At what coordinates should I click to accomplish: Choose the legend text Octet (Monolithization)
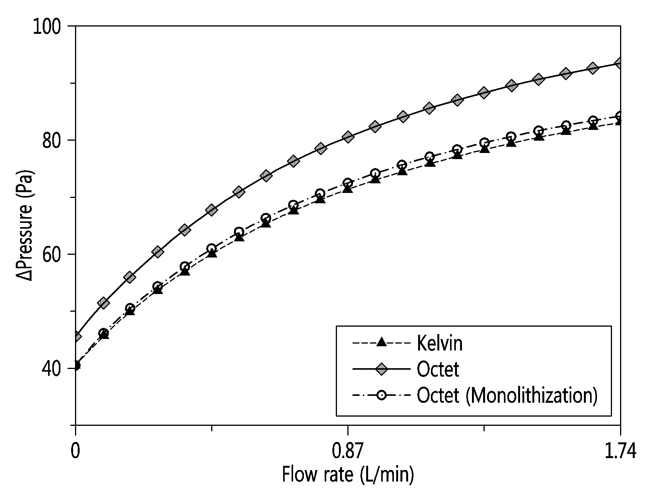point(507,395)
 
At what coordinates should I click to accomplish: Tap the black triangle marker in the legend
point(381,342)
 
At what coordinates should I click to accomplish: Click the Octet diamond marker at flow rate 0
point(76,337)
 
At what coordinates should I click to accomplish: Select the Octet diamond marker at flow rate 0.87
point(348,137)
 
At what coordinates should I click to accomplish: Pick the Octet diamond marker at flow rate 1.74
point(619,63)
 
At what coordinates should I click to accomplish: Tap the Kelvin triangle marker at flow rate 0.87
point(348,188)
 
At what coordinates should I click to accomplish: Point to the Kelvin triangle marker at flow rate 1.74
point(619,121)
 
